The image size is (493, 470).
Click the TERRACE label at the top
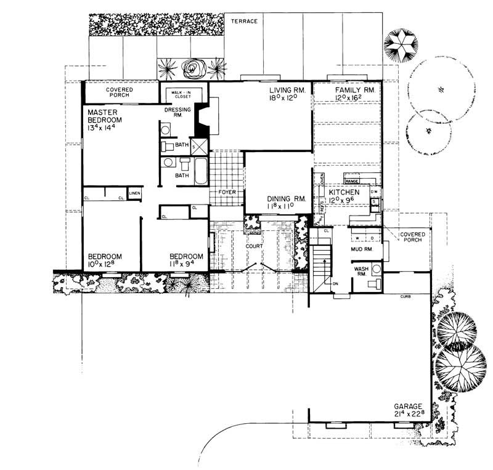[x=244, y=21]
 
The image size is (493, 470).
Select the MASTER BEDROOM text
[x=104, y=116]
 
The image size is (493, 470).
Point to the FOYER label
[x=228, y=192]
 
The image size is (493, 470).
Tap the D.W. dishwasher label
[x=373, y=192]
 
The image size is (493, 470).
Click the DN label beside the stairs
[x=336, y=284]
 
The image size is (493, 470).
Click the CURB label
[x=405, y=296]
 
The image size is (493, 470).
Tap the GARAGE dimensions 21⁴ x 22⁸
[x=409, y=415]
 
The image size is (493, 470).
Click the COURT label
[x=254, y=246]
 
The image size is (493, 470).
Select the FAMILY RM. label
[x=348, y=91]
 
